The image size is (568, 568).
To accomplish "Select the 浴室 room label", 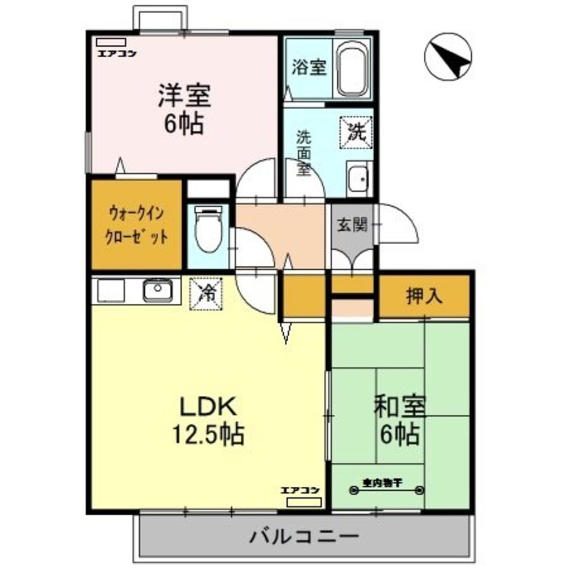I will (309, 67).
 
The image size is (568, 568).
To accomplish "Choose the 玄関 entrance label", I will (352, 224).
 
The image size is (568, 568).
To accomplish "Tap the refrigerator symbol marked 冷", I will (206, 294).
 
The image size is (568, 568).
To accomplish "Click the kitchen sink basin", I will (157, 291).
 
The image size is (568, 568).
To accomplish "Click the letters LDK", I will (207, 406).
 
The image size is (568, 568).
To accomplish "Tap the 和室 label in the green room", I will (400, 407).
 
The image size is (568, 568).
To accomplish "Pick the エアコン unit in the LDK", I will (304, 502).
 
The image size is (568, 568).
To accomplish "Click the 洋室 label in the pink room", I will (184, 96).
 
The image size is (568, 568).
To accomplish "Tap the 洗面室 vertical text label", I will (303, 153).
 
